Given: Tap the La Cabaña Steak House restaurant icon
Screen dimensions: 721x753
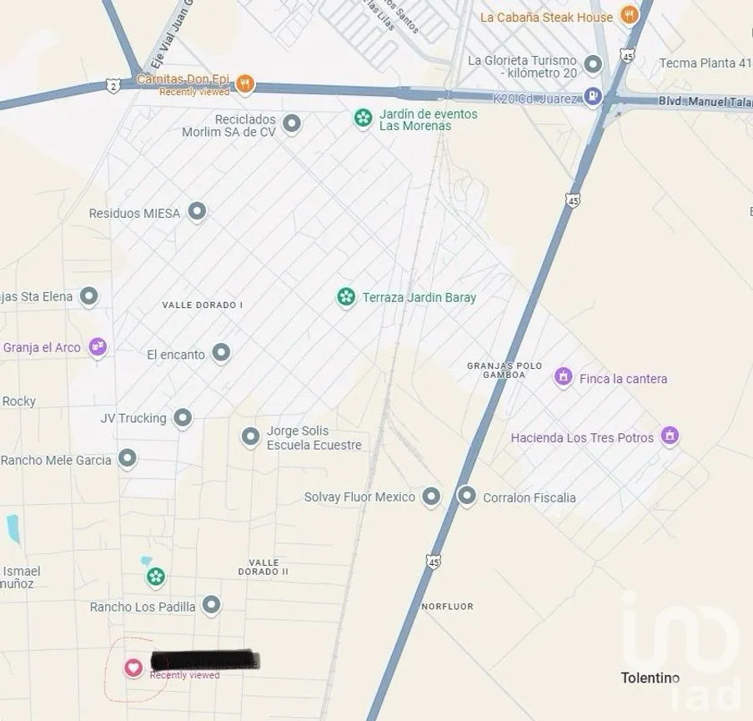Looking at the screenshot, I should click(x=630, y=15).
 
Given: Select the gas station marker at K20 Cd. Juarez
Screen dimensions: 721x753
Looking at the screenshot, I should click(x=592, y=97).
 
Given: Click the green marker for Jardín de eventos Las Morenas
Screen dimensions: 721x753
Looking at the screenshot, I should click(x=363, y=118).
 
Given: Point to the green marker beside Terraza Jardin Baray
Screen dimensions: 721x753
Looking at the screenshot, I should click(x=346, y=296).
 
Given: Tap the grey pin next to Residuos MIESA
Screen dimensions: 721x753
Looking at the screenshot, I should click(x=197, y=212).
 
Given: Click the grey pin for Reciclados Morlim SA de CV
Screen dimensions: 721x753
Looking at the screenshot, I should click(x=291, y=124).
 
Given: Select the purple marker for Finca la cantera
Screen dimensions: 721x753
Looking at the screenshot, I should click(x=564, y=377).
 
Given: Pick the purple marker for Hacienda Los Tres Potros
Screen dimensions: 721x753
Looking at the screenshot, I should click(x=669, y=436).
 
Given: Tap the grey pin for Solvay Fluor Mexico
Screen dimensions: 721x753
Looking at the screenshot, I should click(x=430, y=497).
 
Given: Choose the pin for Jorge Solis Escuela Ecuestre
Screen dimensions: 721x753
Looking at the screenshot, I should click(x=250, y=436).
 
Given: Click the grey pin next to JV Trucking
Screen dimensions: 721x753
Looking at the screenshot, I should click(x=183, y=418).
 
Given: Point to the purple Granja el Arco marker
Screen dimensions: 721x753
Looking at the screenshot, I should click(x=98, y=346).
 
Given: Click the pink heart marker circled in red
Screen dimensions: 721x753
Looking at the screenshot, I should click(x=133, y=668).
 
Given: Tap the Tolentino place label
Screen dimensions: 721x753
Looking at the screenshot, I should click(x=650, y=678).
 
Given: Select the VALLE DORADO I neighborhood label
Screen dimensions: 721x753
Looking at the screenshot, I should click(x=202, y=305).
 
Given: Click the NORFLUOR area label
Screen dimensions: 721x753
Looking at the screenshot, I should click(x=447, y=607).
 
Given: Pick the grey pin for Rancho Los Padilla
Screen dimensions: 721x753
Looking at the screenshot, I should click(x=212, y=605).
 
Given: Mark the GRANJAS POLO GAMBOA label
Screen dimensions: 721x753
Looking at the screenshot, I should click(x=505, y=371).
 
